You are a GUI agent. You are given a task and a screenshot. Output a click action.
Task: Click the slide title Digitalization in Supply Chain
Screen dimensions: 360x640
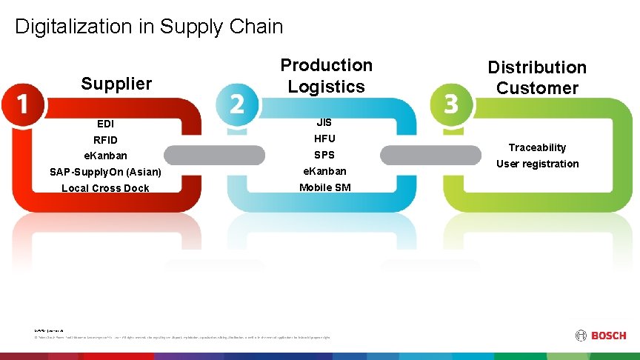(x=149, y=27)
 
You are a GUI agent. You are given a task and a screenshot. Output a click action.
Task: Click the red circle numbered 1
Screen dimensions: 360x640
(x=23, y=104)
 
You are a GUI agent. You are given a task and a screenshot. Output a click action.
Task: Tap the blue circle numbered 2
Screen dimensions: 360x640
(x=236, y=104)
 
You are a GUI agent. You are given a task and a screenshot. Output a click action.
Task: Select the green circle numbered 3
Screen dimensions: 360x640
(x=450, y=104)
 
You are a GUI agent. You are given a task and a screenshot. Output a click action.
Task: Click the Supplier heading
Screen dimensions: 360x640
(x=116, y=84)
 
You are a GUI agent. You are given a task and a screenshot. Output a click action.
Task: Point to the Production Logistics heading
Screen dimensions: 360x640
(x=326, y=76)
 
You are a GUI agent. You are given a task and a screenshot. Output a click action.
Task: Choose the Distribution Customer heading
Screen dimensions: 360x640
(x=537, y=77)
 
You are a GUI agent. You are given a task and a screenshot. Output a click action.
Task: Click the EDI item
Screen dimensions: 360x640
(x=105, y=124)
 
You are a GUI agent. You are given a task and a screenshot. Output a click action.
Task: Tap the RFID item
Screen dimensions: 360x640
(x=105, y=140)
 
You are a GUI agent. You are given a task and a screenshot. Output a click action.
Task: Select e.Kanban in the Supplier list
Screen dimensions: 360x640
(x=105, y=156)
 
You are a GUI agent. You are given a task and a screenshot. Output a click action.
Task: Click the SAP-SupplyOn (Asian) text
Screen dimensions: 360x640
(x=105, y=172)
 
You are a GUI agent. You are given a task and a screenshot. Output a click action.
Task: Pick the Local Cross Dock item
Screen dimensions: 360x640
(x=105, y=188)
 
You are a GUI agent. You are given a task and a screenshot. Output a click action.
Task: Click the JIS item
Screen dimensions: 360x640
(x=324, y=122)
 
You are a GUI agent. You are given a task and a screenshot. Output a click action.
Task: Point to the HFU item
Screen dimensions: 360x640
(x=324, y=139)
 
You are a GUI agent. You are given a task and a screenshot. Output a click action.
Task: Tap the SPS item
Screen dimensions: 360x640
(x=324, y=155)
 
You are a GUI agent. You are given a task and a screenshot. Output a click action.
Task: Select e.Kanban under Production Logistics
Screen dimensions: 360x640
(x=324, y=171)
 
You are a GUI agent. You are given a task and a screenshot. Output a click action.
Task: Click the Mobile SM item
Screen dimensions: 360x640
(x=324, y=187)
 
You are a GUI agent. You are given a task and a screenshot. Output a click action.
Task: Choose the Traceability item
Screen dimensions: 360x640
(x=537, y=147)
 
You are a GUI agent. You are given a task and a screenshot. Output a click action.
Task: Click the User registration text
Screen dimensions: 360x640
(x=537, y=164)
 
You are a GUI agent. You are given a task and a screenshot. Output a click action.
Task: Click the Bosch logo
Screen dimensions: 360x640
(x=601, y=336)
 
